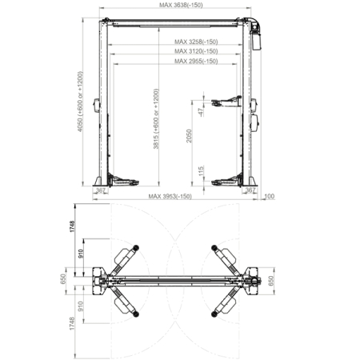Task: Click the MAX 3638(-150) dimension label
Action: click(x=181, y=5)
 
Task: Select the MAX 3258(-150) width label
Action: click(x=196, y=42)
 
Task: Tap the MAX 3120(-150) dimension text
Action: click(x=196, y=51)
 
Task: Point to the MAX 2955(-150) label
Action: click(x=196, y=61)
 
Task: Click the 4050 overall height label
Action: click(x=80, y=102)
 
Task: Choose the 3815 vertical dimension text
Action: click(x=156, y=118)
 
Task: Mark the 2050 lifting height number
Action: click(x=189, y=136)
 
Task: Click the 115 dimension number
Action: click(x=202, y=171)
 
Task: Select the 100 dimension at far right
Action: click(x=269, y=196)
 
